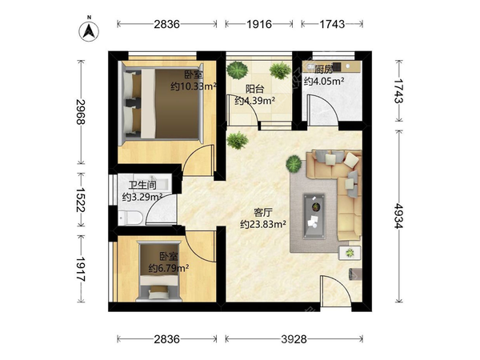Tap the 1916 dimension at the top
pyautogui.click(x=259, y=24)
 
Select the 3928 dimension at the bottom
pyautogui.click(x=294, y=339)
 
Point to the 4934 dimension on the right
pyautogui.click(x=398, y=216)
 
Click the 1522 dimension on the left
pyautogui.click(x=81, y=199)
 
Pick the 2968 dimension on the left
pyautogui.click(x=81, y=112)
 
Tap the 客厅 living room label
pyautogui.click(x=263, y=213)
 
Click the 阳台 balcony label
pyautogui.click(x=254, y=89)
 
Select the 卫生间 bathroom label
pyautogui.click(x=142, y=186)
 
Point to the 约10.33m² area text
pyautogui.click(x=194, y=86)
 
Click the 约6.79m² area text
pyautogui.click(x=168, y=268)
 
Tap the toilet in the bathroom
pyautogui.click(x=130, y=218)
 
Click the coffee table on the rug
pyautogui.click(x=314, y=216)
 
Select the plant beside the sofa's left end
pyautogui.click(x=294, y=163)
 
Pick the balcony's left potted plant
pyautogui.click(x=238, y=70)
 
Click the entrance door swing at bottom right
pyautogui.click(x=334, y=290)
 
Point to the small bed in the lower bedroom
pyautogui.click(x=159, y=272)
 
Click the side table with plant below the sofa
pyautogui.click(x=350, y=253)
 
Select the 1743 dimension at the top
pyautogui.click(x=332, y=24)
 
